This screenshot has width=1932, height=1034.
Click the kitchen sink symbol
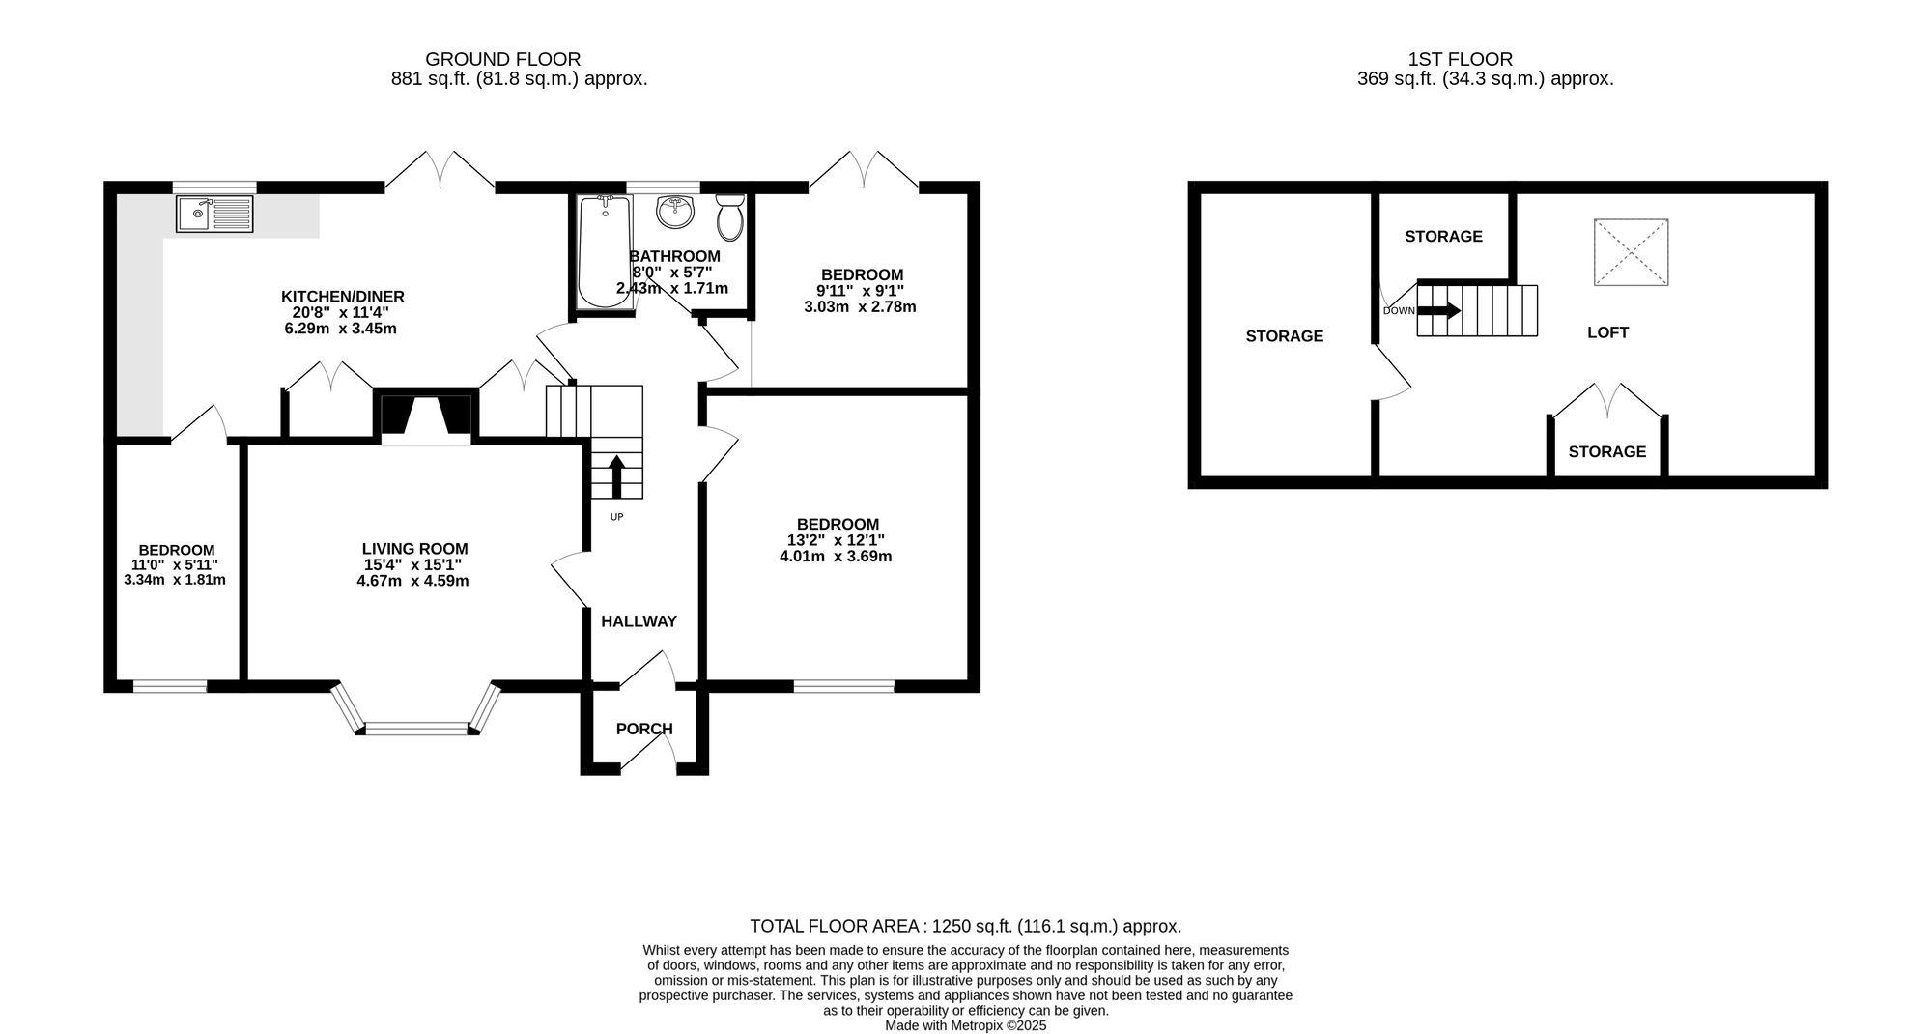coord(214,214)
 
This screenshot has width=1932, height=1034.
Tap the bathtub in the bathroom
coord(605,251)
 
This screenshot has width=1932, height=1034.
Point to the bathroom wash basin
coord(675,212)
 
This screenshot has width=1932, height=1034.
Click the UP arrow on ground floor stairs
coord(616,476)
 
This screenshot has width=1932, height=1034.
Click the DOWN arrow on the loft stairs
coord(1439,311)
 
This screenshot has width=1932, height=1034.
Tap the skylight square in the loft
coord(1631,252)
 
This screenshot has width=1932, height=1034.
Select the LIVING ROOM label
coord(415,549)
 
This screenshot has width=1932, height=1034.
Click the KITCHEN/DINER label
coord(343,297)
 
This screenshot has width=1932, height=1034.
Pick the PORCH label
coord(644,729)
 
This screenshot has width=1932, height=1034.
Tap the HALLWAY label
coord(639,621)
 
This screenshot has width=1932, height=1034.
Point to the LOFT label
coord(1608,332)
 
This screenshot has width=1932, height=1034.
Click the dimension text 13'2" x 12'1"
coord(836,540)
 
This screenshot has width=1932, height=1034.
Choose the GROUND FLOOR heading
coord(503,60)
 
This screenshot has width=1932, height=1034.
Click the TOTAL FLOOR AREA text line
coord(966,926)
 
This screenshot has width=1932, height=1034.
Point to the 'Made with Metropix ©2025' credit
coord(966,1026)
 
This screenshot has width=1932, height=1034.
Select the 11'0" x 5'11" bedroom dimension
coord(175,565)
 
